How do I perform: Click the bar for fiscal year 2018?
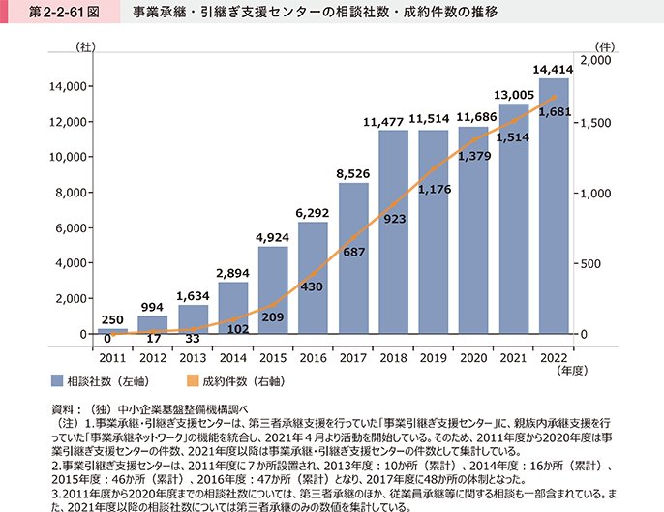click(x=393, y=232)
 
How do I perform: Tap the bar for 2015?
click(x=273, y=290)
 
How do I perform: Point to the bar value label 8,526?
click(x=353, y=174)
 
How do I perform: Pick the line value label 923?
click(x=393, y=221)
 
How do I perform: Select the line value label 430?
click(x=313, y=286)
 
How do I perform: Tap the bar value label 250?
click(x=112, y=319)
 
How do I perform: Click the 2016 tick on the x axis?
click(x=313, y=358)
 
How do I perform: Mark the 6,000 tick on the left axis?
click(x=60, y=228)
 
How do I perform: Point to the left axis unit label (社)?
click(x=84, y=45)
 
